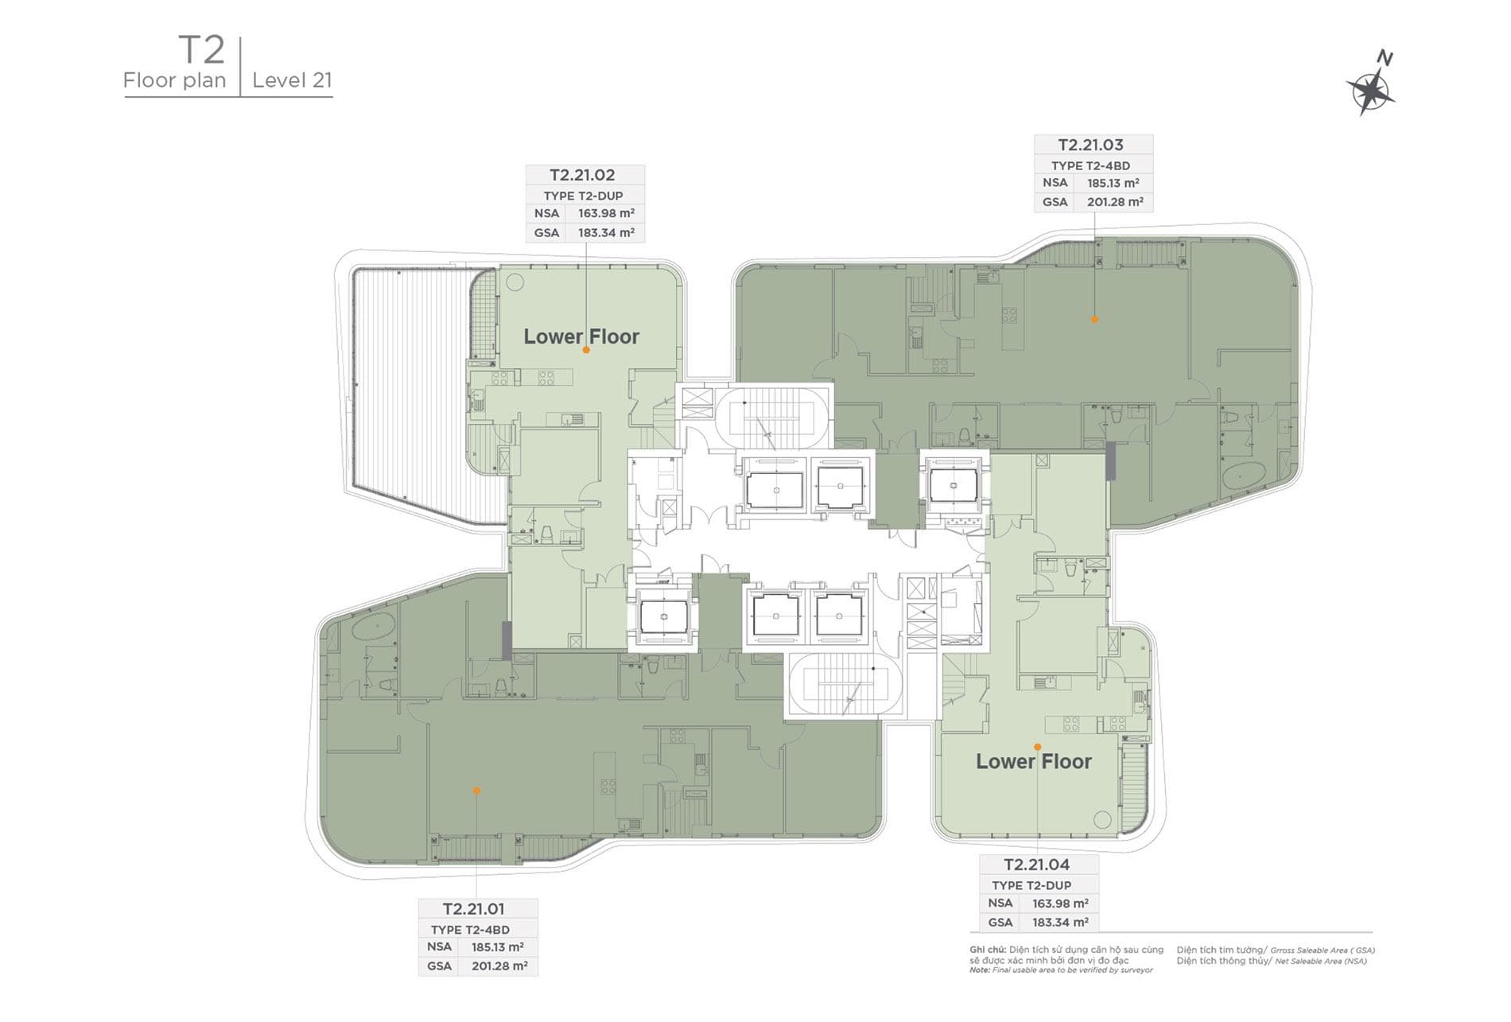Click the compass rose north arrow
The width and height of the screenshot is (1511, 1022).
pos(1370,84)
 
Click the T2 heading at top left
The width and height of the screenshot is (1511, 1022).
pos(202,49)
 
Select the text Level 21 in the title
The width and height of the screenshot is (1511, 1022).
pos(292,80)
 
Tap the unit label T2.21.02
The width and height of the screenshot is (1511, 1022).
pos(582,175)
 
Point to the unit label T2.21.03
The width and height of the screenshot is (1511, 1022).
pos(1090,145)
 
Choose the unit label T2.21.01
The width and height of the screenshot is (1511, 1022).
pos(474,908)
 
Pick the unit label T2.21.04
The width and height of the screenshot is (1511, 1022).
pos(1036,865)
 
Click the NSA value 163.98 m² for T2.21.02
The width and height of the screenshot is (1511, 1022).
pos(606,213)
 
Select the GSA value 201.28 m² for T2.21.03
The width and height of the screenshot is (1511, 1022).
pos(1115,202)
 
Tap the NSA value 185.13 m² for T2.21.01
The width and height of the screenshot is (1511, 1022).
pos(497,947)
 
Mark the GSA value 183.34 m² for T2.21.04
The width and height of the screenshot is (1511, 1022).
pos(1060,923)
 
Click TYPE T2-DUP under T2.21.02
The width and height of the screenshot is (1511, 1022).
pos(583,196)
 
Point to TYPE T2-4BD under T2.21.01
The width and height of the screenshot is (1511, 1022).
pos(470,930)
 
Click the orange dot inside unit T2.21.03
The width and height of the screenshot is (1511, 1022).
pos(1094,319)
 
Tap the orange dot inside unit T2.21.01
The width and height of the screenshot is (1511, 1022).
pos(476,791)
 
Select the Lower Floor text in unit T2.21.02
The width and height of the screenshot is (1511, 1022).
pos(581,336)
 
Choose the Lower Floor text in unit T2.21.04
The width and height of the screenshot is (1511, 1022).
pos(1034,761)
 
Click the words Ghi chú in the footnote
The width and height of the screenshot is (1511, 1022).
pos(987,950)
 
